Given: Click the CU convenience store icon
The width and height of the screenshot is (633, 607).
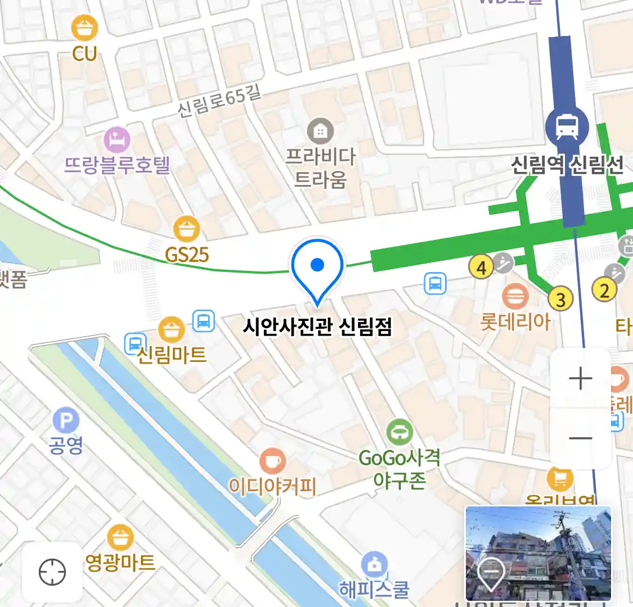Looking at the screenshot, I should pyautogui.click(x=84, y=28).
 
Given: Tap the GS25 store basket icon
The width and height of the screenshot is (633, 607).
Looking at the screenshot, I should pyautogui.click(x=186, y=229).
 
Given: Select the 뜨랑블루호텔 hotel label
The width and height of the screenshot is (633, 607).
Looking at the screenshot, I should pyautogui.click(x=117, y=165).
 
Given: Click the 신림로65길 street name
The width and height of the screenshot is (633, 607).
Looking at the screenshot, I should pyautogui.click(x=219, y=101).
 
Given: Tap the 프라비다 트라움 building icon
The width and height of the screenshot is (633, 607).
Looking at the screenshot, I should pyautogui.click(x=320, y=132).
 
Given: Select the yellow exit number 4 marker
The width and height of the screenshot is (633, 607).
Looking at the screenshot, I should pyautogui.click(x=481, y=268).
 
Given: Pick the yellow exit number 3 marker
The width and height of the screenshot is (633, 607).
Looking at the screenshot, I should pyautogui.click(x=560, y=300).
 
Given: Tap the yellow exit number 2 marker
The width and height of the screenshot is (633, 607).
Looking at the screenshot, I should pyautogui.click(x=604, y=290).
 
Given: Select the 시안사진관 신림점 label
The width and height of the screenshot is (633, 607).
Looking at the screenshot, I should pyautogui.click(x=317, y=327).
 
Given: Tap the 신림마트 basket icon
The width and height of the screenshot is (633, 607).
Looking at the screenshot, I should pyautogui.click(x=171, y=329).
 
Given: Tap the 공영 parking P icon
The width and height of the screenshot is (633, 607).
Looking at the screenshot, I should pyautogui.click(x=66, y=421).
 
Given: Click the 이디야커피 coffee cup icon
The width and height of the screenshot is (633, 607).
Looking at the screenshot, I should pyautogui.click(x=272, y=461).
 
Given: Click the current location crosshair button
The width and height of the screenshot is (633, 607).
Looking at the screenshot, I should pyautogui.click(x=52, y=573).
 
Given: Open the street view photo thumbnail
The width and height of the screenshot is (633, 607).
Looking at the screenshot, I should pyautogui.click(x=538, y=553).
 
